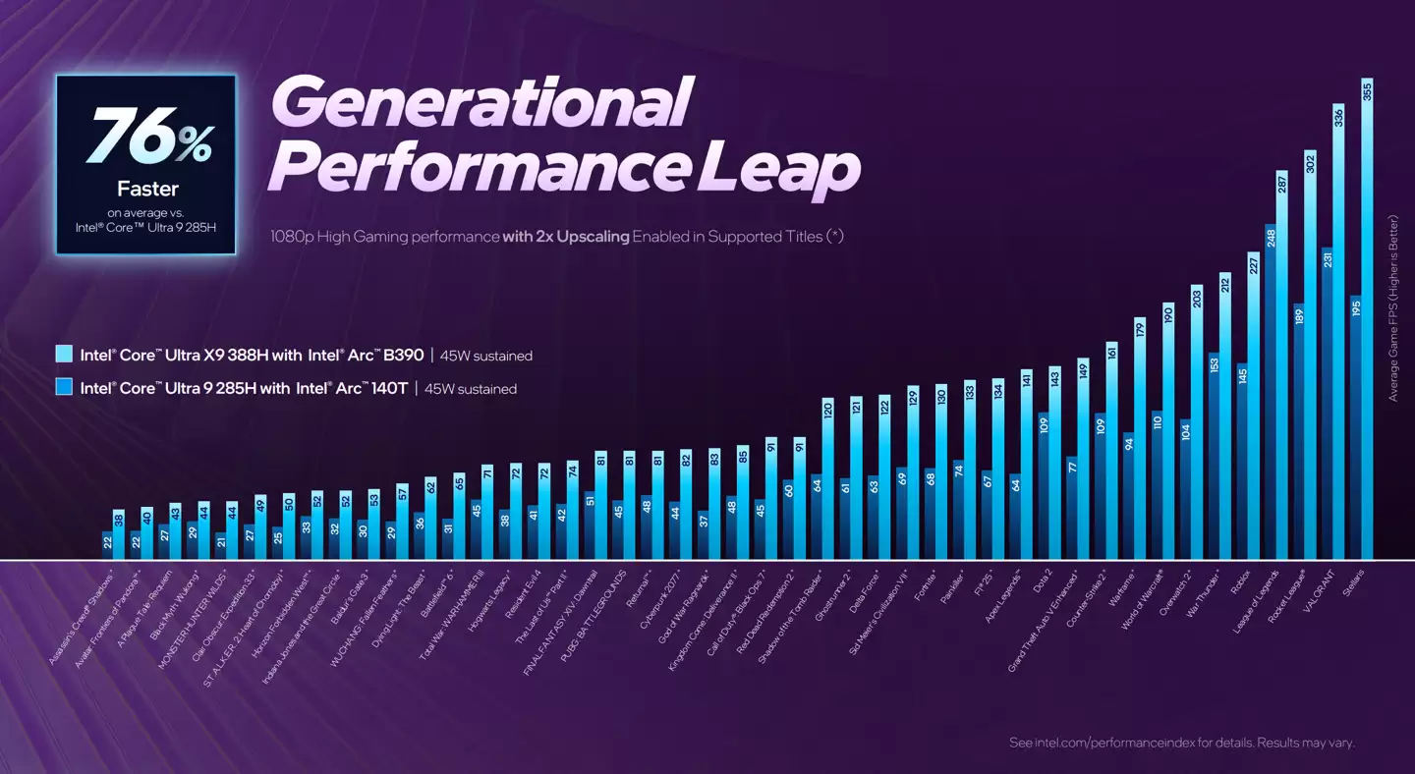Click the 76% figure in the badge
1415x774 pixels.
coord(148,137)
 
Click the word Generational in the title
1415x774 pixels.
coord(479,102)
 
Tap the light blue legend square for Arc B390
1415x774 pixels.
coord(65,356)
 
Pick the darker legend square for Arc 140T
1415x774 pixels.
coord(65,388)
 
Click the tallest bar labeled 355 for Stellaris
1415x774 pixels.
coord(1367,324)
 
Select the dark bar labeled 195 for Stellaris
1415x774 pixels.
coord(1355,427)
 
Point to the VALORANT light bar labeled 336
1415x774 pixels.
coord(1338,334)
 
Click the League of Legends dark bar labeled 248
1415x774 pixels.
coord(1271,393)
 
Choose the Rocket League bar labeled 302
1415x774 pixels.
coord(1310,354)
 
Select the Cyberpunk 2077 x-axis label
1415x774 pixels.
coord(659,598)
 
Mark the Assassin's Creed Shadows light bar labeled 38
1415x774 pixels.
coord(118,535)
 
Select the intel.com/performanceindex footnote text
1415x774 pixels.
coord(1182,743)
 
